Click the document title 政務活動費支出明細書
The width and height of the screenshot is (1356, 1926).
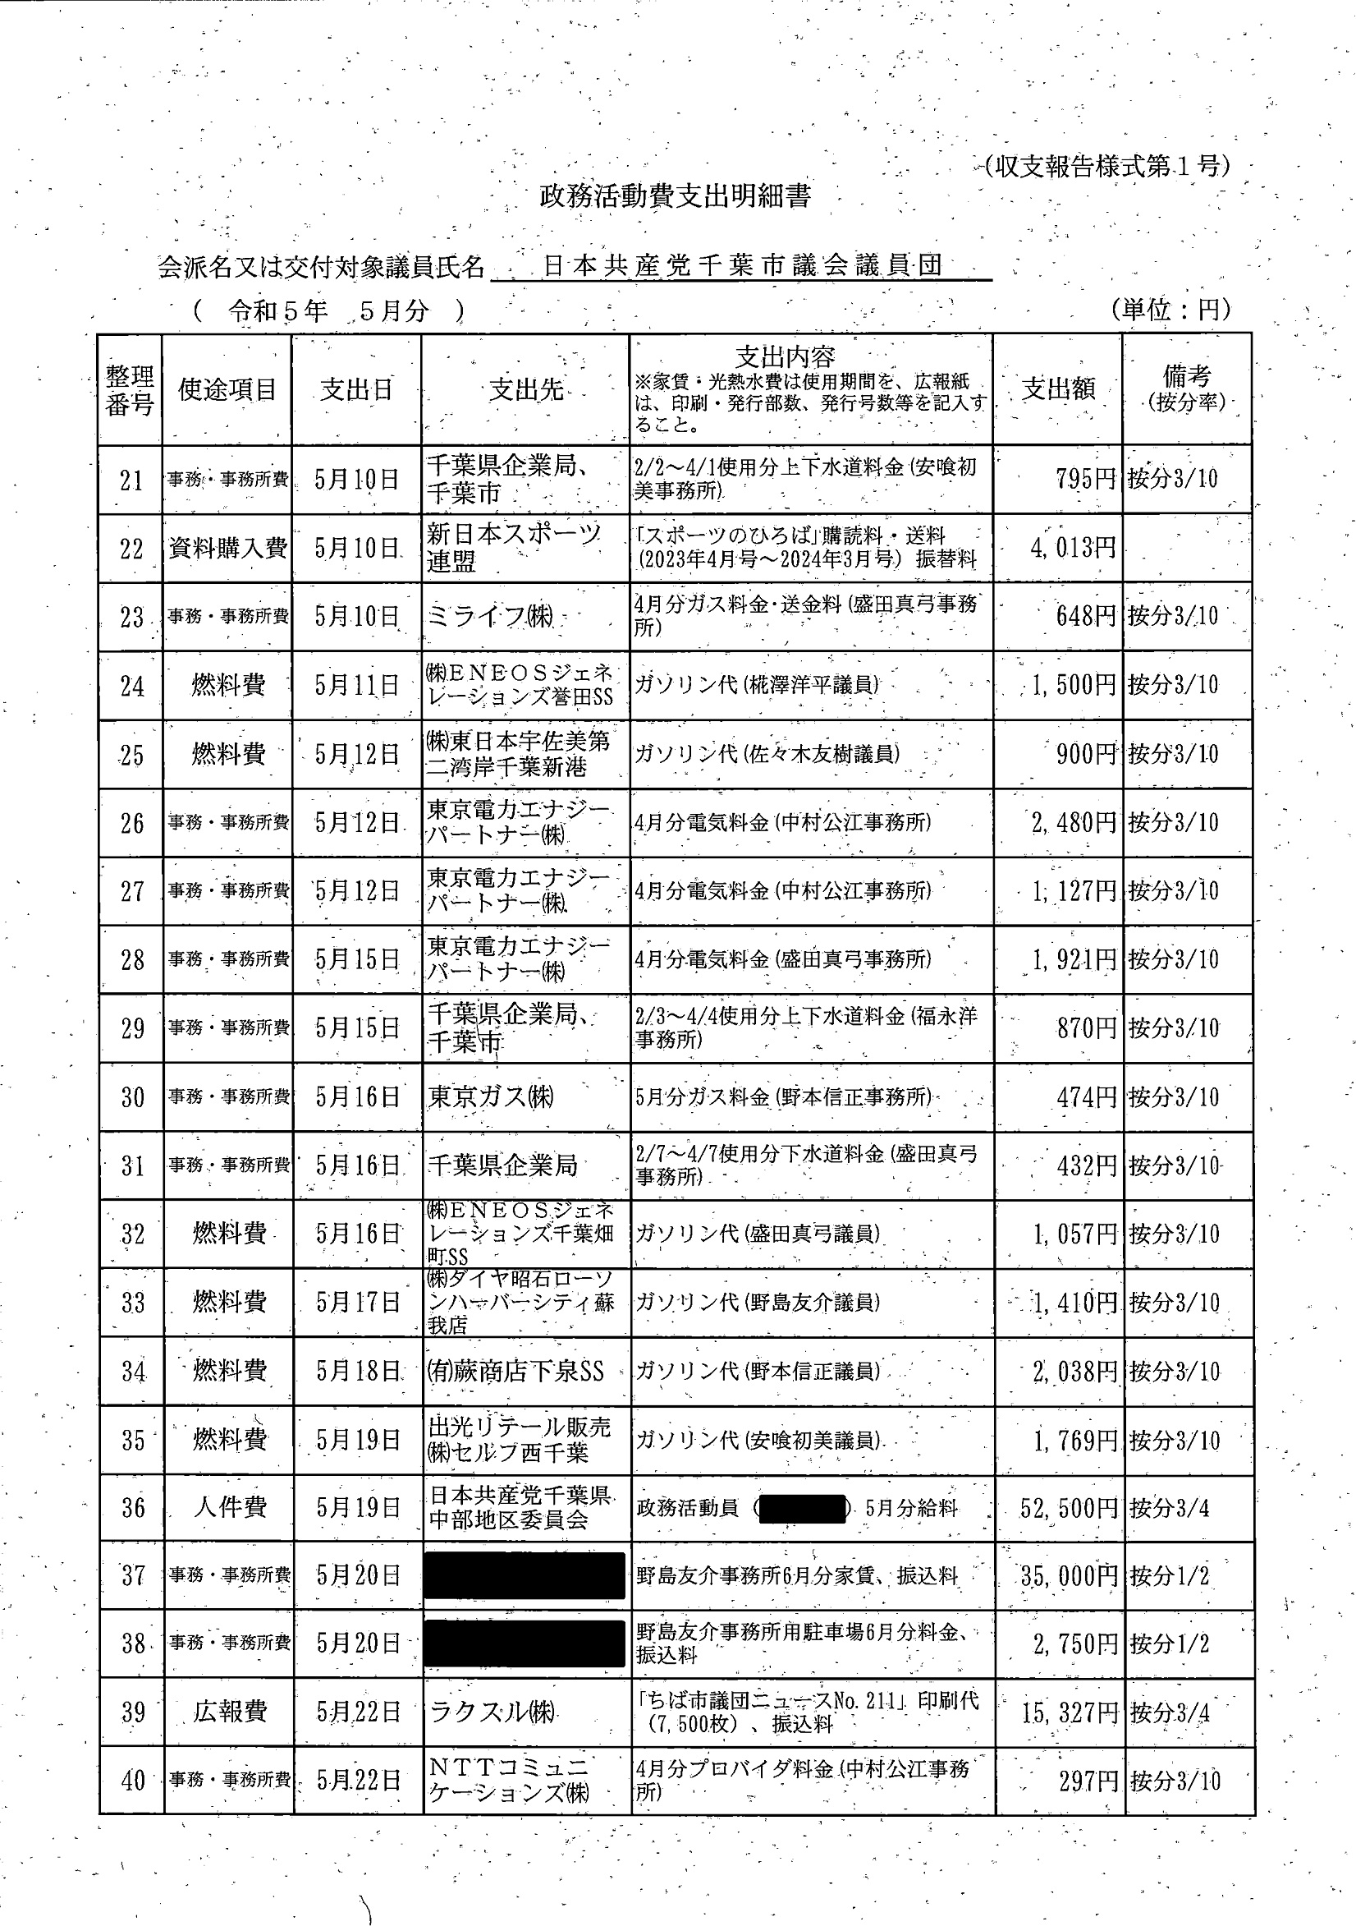(x=675, y=196)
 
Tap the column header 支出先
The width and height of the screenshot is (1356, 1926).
(x=526, y=389)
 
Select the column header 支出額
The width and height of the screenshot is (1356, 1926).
(x=1057, y=388)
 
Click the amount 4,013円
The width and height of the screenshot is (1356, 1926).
(x=1073, y=549)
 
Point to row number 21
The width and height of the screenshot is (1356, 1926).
(x=131, y=480)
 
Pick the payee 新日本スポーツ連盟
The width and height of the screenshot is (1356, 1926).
(x=513, y=549)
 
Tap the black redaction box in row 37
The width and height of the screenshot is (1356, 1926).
(x=525, y=1576)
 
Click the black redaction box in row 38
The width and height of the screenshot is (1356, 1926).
(x=525, y=1643)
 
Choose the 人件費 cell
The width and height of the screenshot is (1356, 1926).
(x=229, y=1507)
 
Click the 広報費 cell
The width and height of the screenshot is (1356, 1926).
(x=229, y=1712)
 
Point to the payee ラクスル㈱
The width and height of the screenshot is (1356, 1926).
(x=493, y=1712)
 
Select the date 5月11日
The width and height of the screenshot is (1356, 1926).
(x=356, y=685)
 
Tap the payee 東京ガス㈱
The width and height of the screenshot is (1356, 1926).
(x=491, y=1097)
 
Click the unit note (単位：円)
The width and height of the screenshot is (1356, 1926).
(x=1170, y=310)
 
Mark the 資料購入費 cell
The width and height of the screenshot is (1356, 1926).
(x=228, y=549)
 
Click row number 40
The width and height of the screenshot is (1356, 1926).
(x=133, y=1781)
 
